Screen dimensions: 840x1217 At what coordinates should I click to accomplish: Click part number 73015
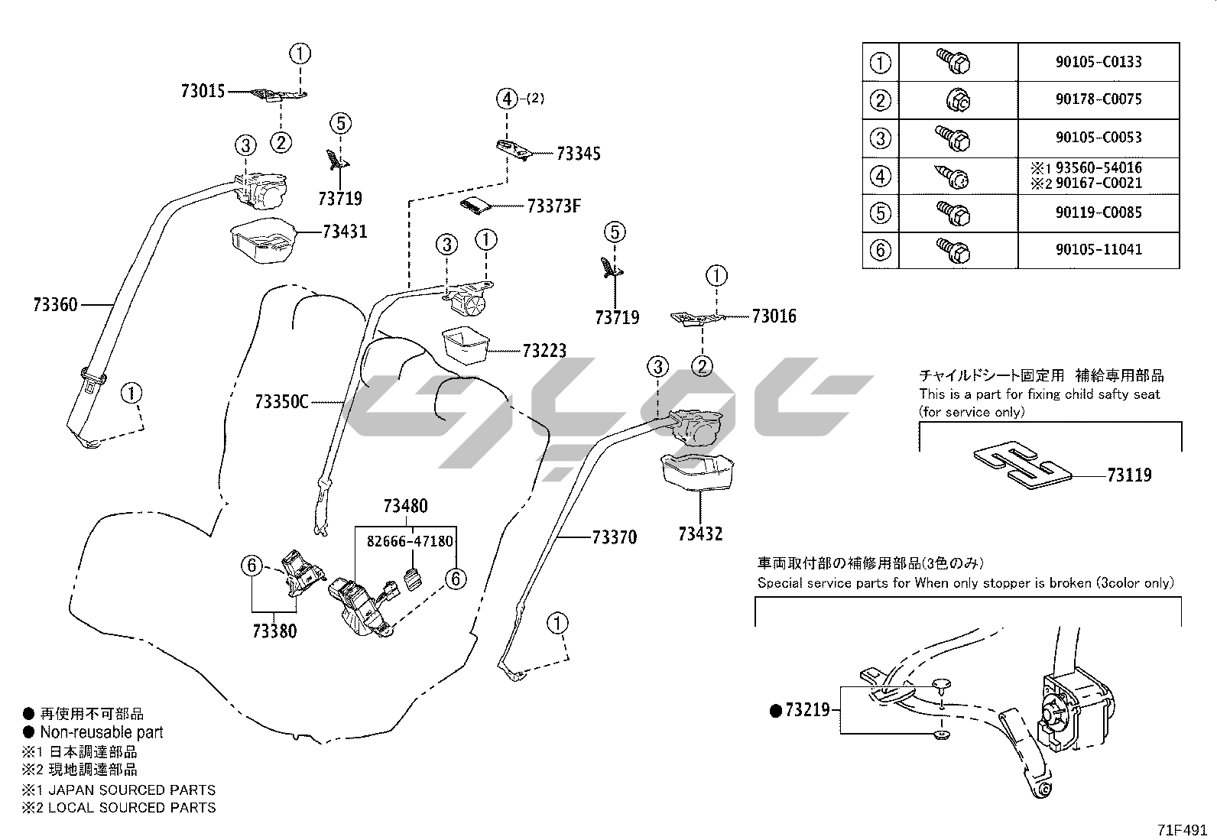coord(203,91)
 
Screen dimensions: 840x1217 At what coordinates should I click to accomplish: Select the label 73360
coord(55,304)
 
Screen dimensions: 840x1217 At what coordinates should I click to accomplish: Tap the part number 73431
coord(344,231)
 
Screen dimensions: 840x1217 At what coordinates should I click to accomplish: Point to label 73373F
coord(553,206)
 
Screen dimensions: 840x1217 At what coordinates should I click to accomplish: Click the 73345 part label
coord(578,154)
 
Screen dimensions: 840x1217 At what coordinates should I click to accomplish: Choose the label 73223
coord(544,351)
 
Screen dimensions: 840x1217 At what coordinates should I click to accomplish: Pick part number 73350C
coord(281,401)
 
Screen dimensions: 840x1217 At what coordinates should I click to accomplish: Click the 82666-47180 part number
coord(410,542)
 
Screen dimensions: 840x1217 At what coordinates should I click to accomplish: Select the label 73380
coord(274,631)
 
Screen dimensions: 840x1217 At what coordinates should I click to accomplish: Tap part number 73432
coord(699,534)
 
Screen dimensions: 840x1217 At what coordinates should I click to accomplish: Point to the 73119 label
coord(1129,475)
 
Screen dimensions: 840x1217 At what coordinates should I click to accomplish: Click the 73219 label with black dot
coord(799,711)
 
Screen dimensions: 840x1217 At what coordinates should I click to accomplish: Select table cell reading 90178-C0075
coord(1099,99)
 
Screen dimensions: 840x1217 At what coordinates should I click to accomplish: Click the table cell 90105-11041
coord(1099,250)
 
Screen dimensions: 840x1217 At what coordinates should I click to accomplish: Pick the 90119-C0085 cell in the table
coord(1099,212)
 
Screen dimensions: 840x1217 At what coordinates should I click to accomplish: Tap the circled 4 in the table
coord(881,176)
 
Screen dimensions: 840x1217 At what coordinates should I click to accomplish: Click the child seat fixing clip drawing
coord(1021,465)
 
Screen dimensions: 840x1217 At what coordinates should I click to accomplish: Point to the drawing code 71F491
coord(1181,829)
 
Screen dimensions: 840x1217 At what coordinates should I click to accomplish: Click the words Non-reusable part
coord(101,732)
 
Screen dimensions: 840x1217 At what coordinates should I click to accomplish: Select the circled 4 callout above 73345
coord(507,99)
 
